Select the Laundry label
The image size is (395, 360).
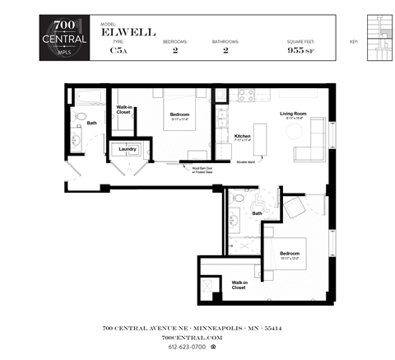pos(128,150)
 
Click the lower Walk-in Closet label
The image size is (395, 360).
pos(239,284)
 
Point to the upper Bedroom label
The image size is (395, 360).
pos(179,114)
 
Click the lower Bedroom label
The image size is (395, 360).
pos(290,253)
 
